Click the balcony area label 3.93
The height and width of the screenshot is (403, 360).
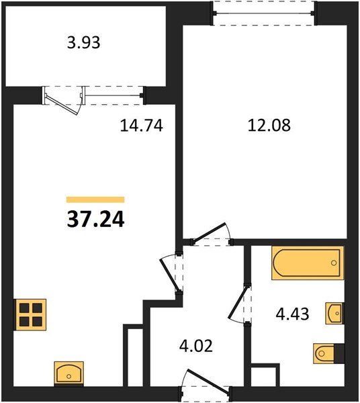pos(83,43)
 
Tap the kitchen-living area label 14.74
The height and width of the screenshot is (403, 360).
pos(141,126)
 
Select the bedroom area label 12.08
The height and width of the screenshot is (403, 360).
pos(269,126)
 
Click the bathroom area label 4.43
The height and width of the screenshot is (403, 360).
pos(292,314)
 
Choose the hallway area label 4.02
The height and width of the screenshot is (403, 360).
pos(196,346)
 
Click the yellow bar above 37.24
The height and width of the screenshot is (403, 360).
pos(95,199)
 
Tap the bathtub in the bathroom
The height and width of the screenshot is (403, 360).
pos(308,263)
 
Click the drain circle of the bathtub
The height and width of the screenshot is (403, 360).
pos(334,263)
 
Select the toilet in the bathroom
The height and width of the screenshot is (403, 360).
pos(324,354)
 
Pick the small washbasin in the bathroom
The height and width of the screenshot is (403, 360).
pos(335,313)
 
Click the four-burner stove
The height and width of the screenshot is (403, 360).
pos(30,314)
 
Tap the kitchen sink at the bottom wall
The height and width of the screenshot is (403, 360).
pos(69,373)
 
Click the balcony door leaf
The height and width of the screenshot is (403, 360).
pos(61,104)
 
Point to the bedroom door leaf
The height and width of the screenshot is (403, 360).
pos(210,233)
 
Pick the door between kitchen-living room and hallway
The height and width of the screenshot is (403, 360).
pos(169,275)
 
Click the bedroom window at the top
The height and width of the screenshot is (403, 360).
pos(263,13)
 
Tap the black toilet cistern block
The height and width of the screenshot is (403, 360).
pos(339,354)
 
